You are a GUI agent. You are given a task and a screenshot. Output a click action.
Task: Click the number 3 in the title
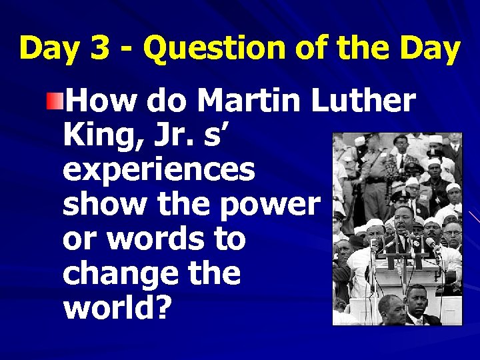[x=104, y=49]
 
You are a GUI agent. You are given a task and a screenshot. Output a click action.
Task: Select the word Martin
[x=249, y=101]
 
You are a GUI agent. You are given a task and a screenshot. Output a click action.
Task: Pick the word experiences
[x=159, y=170]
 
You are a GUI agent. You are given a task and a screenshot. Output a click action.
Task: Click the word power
[x=269, y=203]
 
